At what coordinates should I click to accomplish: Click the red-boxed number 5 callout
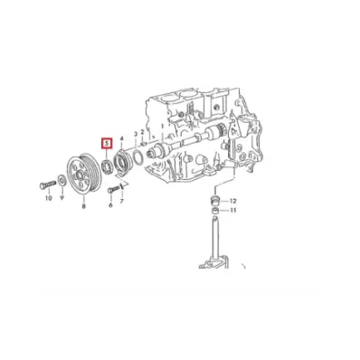(x=107, y=144)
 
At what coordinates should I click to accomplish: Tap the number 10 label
(x=48, y=198)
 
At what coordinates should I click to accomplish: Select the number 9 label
(x=62, y=198)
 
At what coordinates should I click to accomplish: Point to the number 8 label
(x=83, y=206)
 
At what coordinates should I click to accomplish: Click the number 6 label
(x=110, y=205)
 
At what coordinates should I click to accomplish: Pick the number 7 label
(x=122, y=201)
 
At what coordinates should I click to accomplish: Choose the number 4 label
(x=122, y=138)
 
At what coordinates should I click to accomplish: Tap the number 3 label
(x=136, y=134)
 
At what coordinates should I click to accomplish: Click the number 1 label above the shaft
(x=162, y=126)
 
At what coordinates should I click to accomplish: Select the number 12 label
(x=233, y=201)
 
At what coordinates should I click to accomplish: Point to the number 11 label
(x=233, y=210)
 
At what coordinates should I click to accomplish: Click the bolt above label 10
(x=48, y=185)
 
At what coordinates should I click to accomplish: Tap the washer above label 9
(x=62, y=181)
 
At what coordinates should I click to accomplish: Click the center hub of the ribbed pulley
(x=80, y=175)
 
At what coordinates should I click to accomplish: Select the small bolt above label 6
(x=112, y=190)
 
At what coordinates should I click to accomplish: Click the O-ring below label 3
(x=137, y=157)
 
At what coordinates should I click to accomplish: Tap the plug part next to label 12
(x=215, y=200)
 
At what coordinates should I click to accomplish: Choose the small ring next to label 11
(x=216, y=211)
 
